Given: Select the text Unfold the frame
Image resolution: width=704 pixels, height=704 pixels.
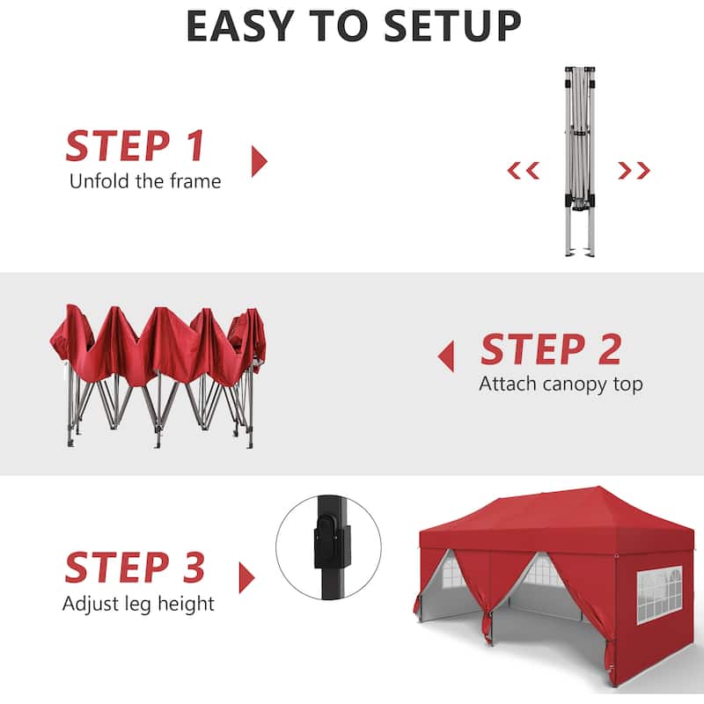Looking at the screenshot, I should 145,181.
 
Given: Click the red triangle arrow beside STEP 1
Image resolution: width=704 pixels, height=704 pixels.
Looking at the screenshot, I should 258,161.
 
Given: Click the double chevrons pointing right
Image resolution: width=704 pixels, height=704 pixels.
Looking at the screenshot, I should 634,170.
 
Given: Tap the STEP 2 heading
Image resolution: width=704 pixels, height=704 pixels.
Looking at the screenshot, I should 550,349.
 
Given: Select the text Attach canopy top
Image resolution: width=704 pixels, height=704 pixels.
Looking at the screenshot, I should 561,385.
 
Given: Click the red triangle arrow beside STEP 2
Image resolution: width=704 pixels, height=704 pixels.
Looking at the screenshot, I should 446,356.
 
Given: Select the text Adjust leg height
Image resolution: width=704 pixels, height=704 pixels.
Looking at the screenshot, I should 138,604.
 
